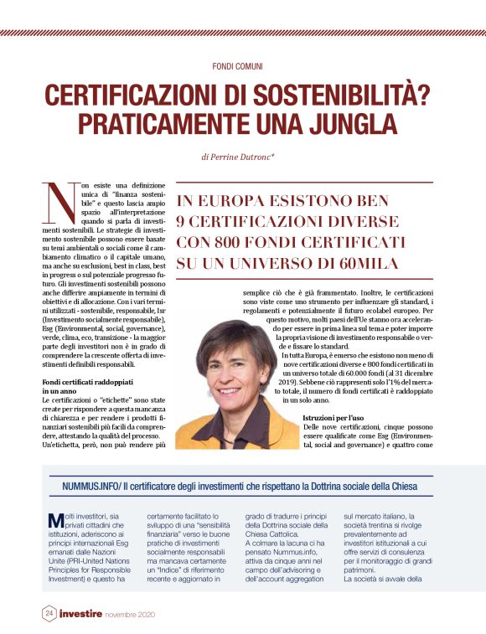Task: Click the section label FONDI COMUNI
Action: point(243,64)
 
